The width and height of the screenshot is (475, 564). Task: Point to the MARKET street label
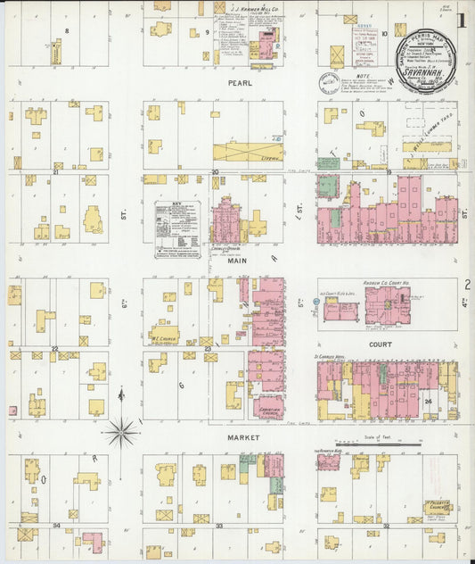tap(242, 438)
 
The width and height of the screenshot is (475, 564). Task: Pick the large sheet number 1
tap(463, 21)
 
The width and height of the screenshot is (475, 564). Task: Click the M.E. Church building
tap(163, 336)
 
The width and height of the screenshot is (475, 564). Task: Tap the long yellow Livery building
tap(249, 153)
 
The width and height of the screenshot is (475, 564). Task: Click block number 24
tap(429, 401)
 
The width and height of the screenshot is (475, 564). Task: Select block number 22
tap(55, 349)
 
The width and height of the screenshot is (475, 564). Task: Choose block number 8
tap(67, 30)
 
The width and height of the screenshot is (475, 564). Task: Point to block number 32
tap(386, 527)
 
